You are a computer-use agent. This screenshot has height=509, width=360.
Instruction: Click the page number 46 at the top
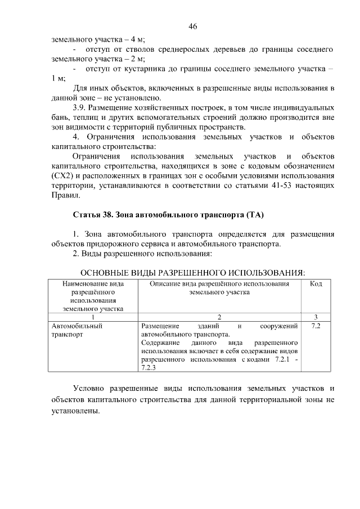(x=193, y=26)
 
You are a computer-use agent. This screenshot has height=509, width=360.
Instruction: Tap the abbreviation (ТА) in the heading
(x=253, y=215)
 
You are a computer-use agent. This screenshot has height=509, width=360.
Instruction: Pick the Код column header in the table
(x=316, y=285)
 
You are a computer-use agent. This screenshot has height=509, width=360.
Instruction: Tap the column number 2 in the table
(x=219, y=317)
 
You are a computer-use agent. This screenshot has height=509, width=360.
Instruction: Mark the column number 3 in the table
(x=316, y=317)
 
